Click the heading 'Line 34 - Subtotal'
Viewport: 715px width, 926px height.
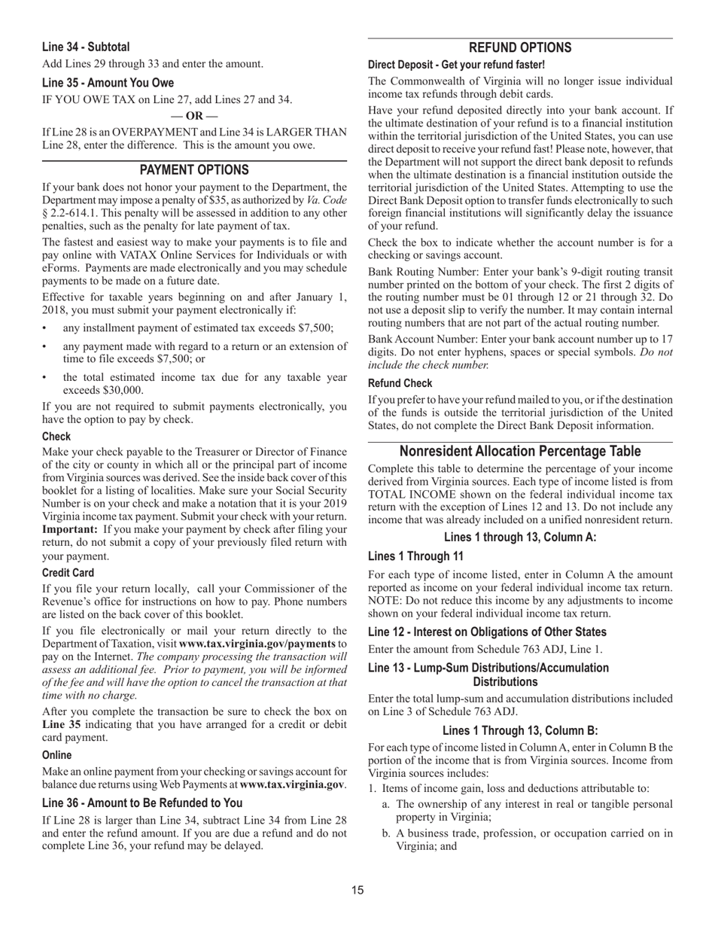pos(86,47)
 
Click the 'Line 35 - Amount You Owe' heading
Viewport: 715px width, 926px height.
pos(108,83)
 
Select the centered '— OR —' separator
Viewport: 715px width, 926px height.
pos(194,116)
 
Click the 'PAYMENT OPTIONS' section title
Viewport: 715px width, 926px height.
pos(194,170)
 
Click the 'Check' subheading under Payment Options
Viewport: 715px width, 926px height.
pos(56,437)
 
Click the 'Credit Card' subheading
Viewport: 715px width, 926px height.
pos(68,573)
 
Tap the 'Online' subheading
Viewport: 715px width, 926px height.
pos(57,755)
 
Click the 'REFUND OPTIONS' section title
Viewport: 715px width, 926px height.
pos(520,47)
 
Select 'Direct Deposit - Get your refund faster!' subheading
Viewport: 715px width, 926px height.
pos(456,65)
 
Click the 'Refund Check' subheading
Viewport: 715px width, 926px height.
pos(400,383)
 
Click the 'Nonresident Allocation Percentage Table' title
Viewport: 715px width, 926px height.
pos(520,452)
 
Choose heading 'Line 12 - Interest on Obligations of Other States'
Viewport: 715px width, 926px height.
pos(487,632)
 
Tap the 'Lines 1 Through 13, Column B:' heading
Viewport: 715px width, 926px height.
pos(520,730)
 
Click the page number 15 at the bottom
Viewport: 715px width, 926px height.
pos(357,891)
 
